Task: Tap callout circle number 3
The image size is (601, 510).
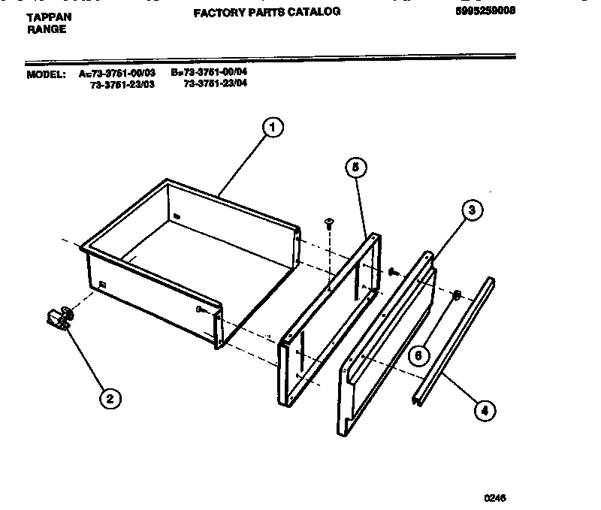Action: tap(471, 210)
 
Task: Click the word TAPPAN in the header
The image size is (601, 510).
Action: tap(50, 15)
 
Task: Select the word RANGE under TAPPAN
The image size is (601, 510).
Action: tap(47, 29)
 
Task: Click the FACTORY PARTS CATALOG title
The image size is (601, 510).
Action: tap(267, 12)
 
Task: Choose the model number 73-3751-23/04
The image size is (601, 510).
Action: tap(215, 83)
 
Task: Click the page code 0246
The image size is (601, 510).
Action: tap(494, 497)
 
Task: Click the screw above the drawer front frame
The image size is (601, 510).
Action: tap(328, 222)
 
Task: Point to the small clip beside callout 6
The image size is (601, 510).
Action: tap(455, 295)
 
